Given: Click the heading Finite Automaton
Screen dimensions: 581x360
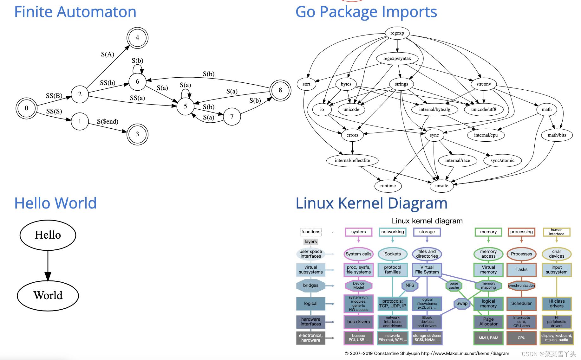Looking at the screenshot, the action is pyautogui.click(x=75, y=12).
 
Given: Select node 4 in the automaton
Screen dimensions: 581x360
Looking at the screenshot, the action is pyautogui.click(x=137, y=38).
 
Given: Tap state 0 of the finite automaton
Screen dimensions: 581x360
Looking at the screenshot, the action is pyautogui.click(x=27, y=108).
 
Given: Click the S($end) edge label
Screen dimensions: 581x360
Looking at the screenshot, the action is pyautogui.click(x=108, y=121).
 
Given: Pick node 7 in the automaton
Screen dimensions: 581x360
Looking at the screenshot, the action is pyautogui.click(x=232, y=117).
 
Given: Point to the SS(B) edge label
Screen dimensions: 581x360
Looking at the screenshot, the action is pyautogui.click(x=54, y=96).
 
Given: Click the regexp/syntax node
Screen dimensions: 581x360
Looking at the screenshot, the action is pyautogui.click(x=397, y=59).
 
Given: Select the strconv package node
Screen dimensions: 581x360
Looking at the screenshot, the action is pyautogui.click(x=484, y=84).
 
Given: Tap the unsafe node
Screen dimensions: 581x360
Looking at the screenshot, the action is pyautogui.click(x=442, y=186).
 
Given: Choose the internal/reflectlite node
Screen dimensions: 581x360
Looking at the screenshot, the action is pyautogui.click(x=352, y=160).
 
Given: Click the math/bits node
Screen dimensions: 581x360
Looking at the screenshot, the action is pyautogui.click(x=557, y=135).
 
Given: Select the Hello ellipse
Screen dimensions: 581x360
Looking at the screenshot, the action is pyautogui.click(x=48, y=235).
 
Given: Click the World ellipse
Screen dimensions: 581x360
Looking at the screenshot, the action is pyautogui.click(x=48, y=296).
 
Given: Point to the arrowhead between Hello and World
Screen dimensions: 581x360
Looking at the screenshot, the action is pyautogui.click(x=48, y=276).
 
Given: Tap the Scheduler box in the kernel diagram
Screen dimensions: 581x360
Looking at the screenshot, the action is pyautogui.click(x=521, y=304).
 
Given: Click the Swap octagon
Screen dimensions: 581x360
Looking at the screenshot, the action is pyautogui.click(x=462, y=304).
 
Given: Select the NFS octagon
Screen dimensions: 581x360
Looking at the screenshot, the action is pyautogui.click(x=410, y=285).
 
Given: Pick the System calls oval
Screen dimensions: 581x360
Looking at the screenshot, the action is pyautogui.click(x=359, y=254).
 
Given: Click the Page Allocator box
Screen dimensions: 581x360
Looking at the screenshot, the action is pyautogui.click(x=488, y=322).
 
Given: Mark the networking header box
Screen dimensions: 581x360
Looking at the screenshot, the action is pyautogui.click(x=393, y=232).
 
